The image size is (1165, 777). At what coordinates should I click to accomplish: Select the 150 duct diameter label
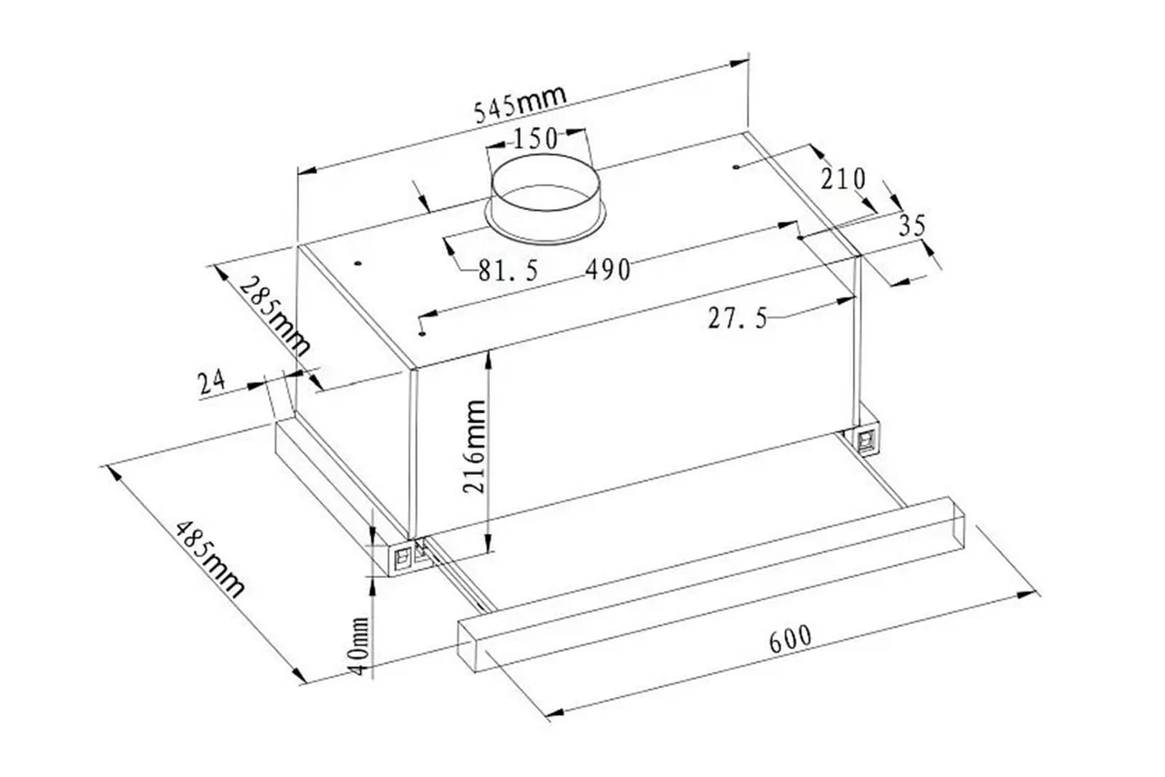pos(536,138)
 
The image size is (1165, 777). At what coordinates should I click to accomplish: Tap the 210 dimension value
pos(843,178)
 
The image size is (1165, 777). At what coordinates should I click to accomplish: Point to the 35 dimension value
pos(913,225)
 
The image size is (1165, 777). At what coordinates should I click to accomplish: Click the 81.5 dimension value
pos(508,270)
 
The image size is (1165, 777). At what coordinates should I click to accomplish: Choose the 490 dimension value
pos(608,269)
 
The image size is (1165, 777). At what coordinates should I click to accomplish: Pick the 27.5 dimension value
pos(738,317)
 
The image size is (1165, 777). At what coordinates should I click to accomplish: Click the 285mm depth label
pos(275,316)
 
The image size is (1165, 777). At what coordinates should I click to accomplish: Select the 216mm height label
pos(474,446)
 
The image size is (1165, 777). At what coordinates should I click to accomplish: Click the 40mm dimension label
pos(360,647)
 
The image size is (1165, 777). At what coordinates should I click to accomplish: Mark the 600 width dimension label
pos(790,639)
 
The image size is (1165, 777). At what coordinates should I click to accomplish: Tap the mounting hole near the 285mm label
pos(358,264)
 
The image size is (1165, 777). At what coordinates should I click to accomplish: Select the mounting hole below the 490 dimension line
pos(422,334)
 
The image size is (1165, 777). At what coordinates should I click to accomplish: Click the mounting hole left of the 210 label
pos(736,167)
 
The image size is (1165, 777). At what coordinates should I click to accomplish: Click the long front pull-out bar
pos(711,585)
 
